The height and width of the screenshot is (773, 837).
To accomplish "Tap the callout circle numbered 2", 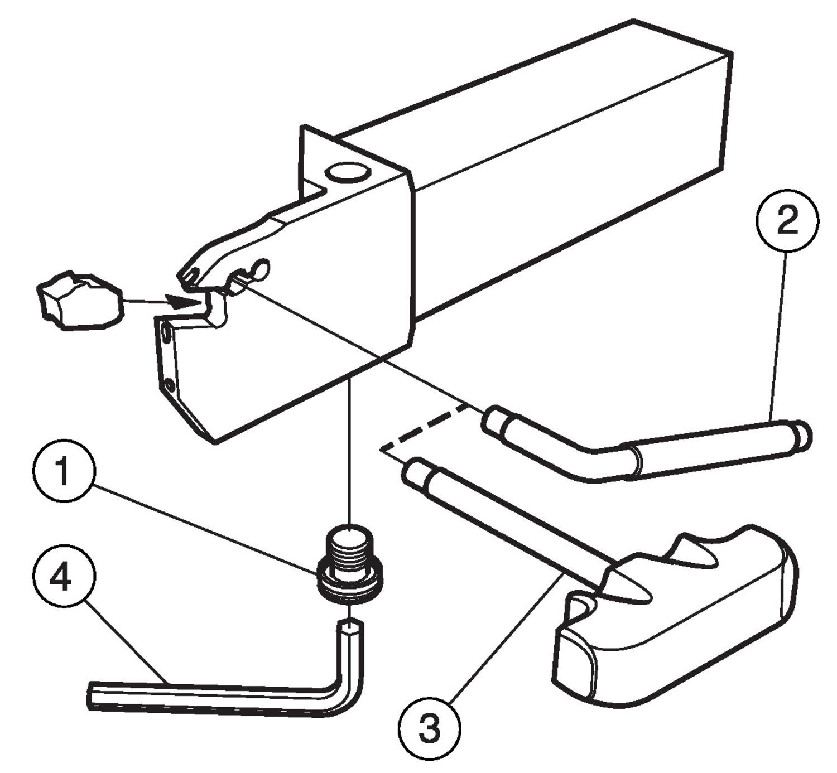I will pyautogui.click(x=787, y=221).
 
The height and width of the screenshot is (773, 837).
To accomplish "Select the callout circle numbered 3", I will pyautogui.click(x=429, y=728).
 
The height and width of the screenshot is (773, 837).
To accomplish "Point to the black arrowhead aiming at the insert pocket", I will pyautogui.click(x=182, y=302).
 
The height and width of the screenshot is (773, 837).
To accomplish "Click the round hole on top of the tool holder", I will pyautogui.click(x=347, y=173).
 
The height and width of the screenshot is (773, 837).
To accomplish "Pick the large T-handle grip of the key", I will pyautogui.click(x=675, y=619).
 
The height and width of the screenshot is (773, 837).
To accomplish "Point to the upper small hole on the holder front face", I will pyautogui.click(x=166, y=335).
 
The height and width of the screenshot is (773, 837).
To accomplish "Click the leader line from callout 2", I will pyautogui.click(x=778, y=335).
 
